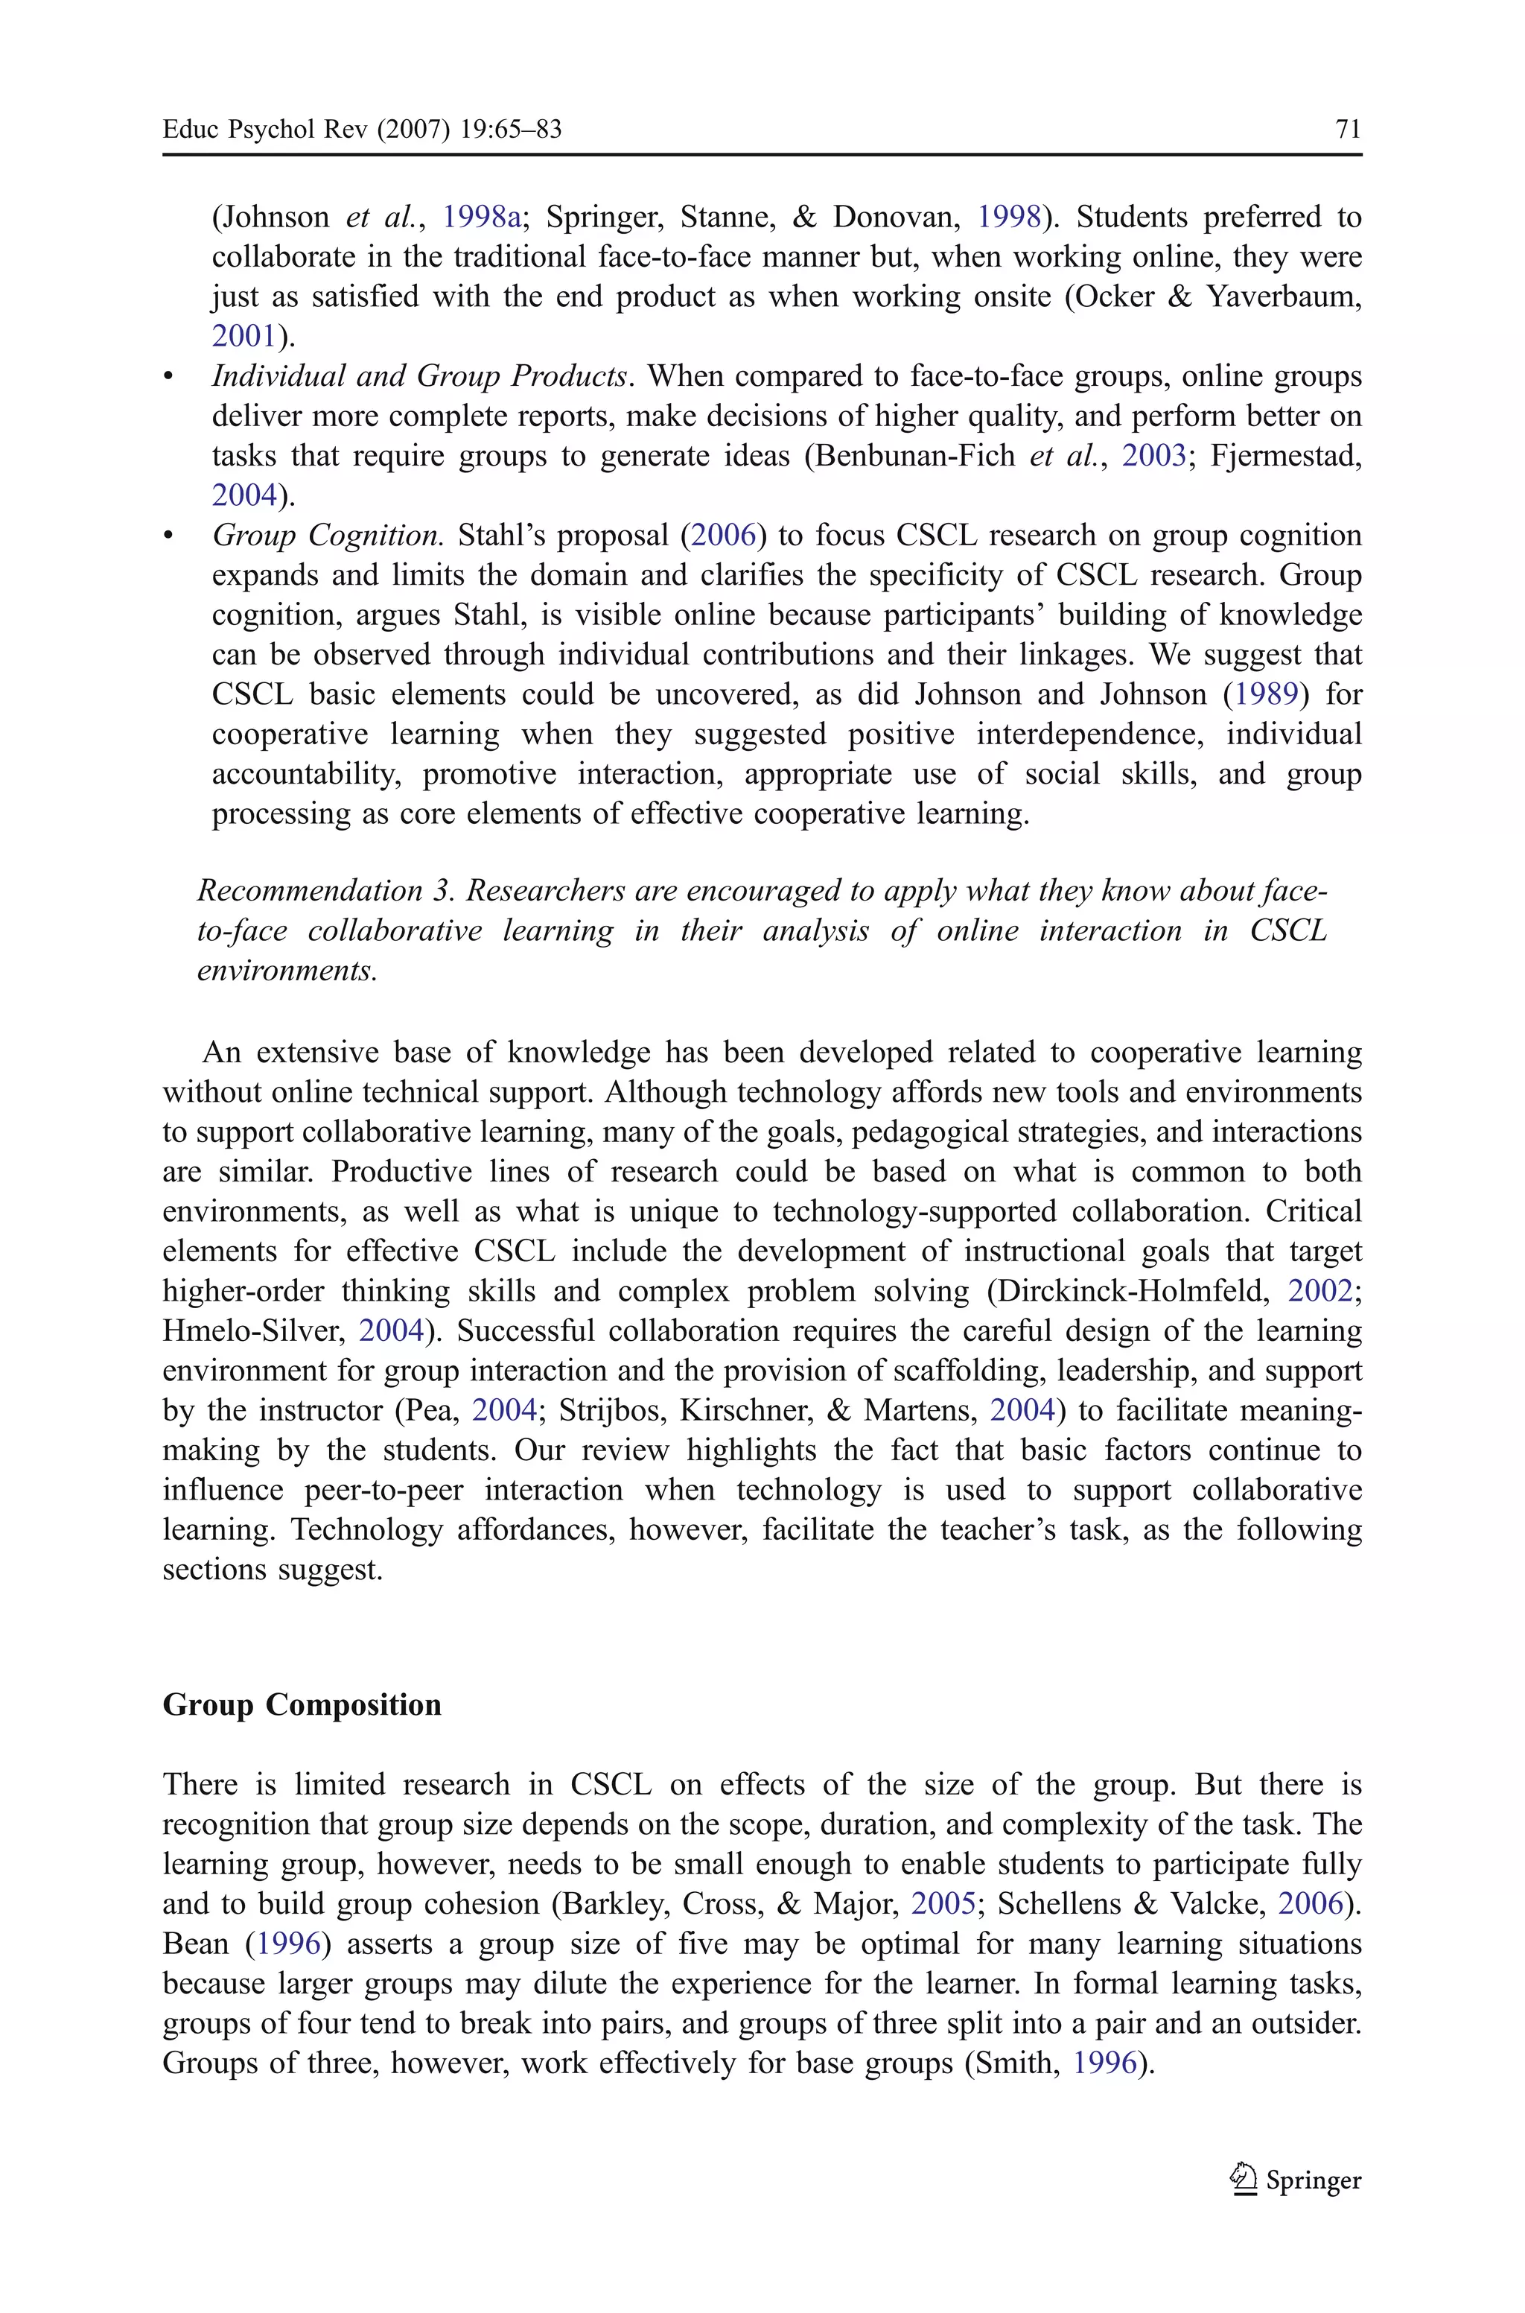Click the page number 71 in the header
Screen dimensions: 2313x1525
(x=1348, y=130)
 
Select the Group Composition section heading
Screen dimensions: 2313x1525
(x=302, y=1705)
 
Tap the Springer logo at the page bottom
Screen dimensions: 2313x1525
(x=1296, y=2180)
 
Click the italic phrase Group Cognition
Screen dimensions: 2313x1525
(x=328, y=536)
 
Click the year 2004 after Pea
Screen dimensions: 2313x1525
(x=504, y=1410)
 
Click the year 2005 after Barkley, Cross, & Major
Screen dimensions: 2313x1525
(x=943, y=1903)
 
